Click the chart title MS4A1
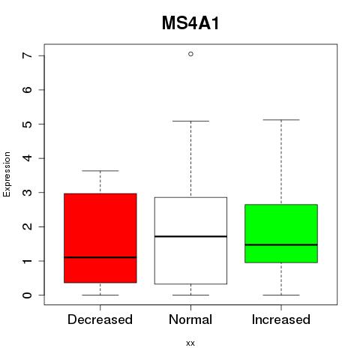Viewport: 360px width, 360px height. point(190,23)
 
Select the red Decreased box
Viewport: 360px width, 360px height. point(100,238)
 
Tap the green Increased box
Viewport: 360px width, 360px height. point(281,233)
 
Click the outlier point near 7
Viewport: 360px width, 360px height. point(190,54)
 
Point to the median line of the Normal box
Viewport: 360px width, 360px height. point(190,236)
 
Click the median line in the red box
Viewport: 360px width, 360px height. point(100,257)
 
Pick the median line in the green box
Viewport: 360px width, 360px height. point(281,244)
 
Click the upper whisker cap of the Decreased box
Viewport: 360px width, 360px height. point(100,171)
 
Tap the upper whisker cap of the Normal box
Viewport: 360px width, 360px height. point(190,121)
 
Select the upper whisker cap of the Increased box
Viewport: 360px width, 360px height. point(281,120)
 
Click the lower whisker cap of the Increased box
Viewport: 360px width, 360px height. point(281,295)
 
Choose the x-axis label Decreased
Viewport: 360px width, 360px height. point(100,319)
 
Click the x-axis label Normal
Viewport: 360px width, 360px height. point(190,319)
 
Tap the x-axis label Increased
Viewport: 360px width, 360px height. point(281,319)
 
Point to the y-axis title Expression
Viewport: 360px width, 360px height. point(7,174)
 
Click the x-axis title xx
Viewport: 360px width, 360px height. point(190,343)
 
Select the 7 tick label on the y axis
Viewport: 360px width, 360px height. point(28,55)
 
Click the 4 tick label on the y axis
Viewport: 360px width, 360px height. point(28,158)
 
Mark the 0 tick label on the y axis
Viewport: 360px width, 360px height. point(28,295)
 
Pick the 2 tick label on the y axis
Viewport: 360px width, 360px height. point(28,226)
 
